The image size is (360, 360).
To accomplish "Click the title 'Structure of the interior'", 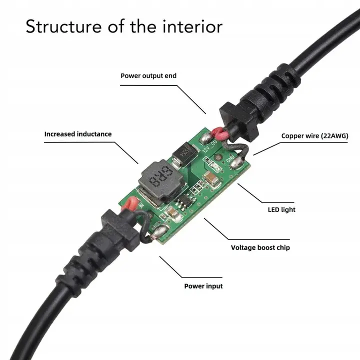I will tap(124, 26).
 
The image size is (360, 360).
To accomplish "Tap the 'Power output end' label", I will tap(148, 76).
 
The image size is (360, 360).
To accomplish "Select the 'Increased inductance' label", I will tap(78, 134).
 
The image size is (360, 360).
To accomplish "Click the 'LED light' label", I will tap(281, 209).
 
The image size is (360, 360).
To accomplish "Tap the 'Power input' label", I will tap(203, 286).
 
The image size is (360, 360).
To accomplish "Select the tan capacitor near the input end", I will tap(175, 216).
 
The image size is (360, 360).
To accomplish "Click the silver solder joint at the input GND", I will tap(161, 231).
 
